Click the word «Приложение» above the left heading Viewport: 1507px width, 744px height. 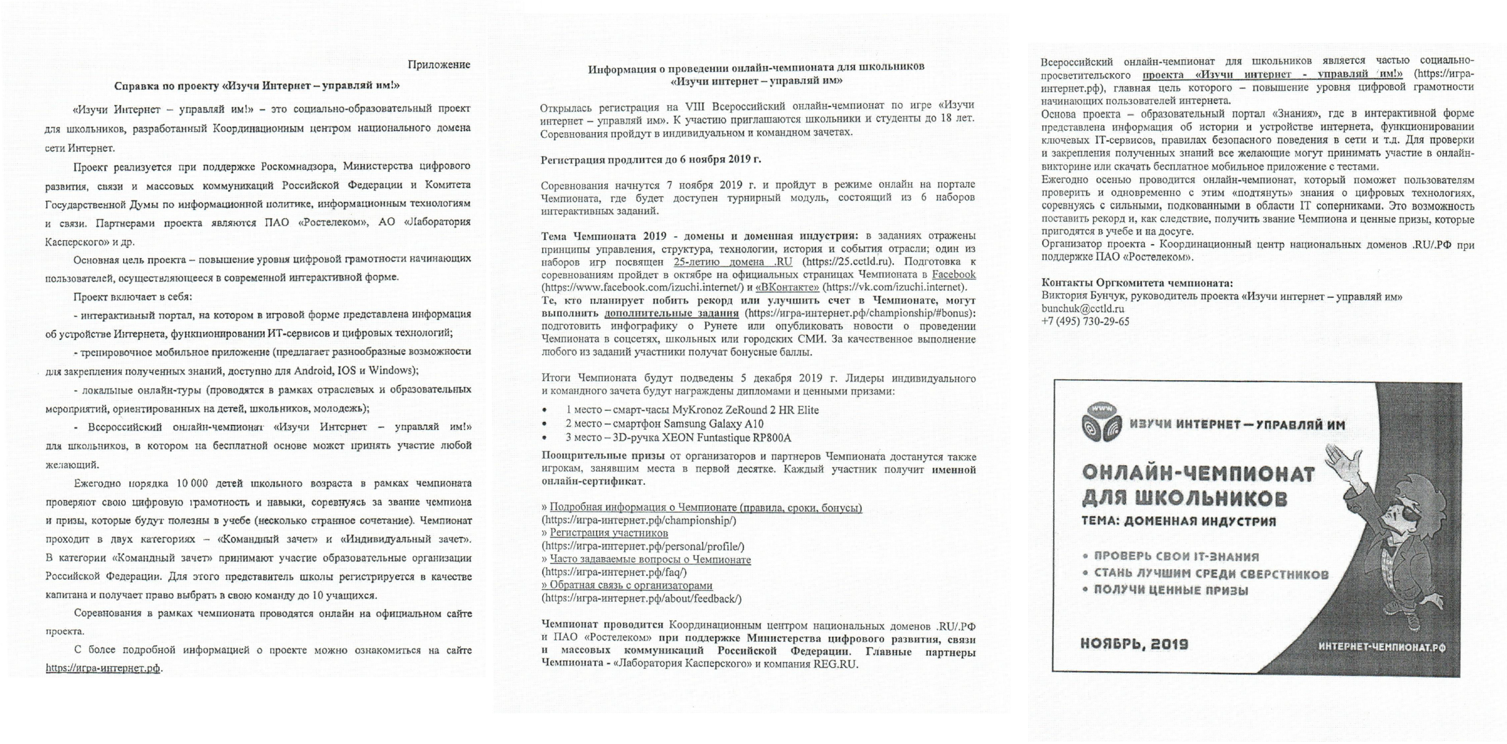coord(438,65)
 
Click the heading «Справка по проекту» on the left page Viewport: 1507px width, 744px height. coord(257,86)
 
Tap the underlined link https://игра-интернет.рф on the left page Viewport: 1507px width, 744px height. coord(103,668)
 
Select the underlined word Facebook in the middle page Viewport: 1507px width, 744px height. coord(954,274)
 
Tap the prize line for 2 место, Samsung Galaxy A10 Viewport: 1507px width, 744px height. coord(664,424)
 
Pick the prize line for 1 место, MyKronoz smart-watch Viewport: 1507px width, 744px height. coord(692,410)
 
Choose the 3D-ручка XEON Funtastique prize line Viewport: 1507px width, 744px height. coord(678,438)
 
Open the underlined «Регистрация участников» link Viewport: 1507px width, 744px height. coord(609,533)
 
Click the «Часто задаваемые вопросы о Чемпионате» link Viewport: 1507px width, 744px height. coord(650,560)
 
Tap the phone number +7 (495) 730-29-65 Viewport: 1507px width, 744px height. coord(1085,321)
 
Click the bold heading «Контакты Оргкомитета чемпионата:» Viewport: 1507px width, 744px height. coord(1137,283)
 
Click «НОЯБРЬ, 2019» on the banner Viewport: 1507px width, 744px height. coord(1134,645)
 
